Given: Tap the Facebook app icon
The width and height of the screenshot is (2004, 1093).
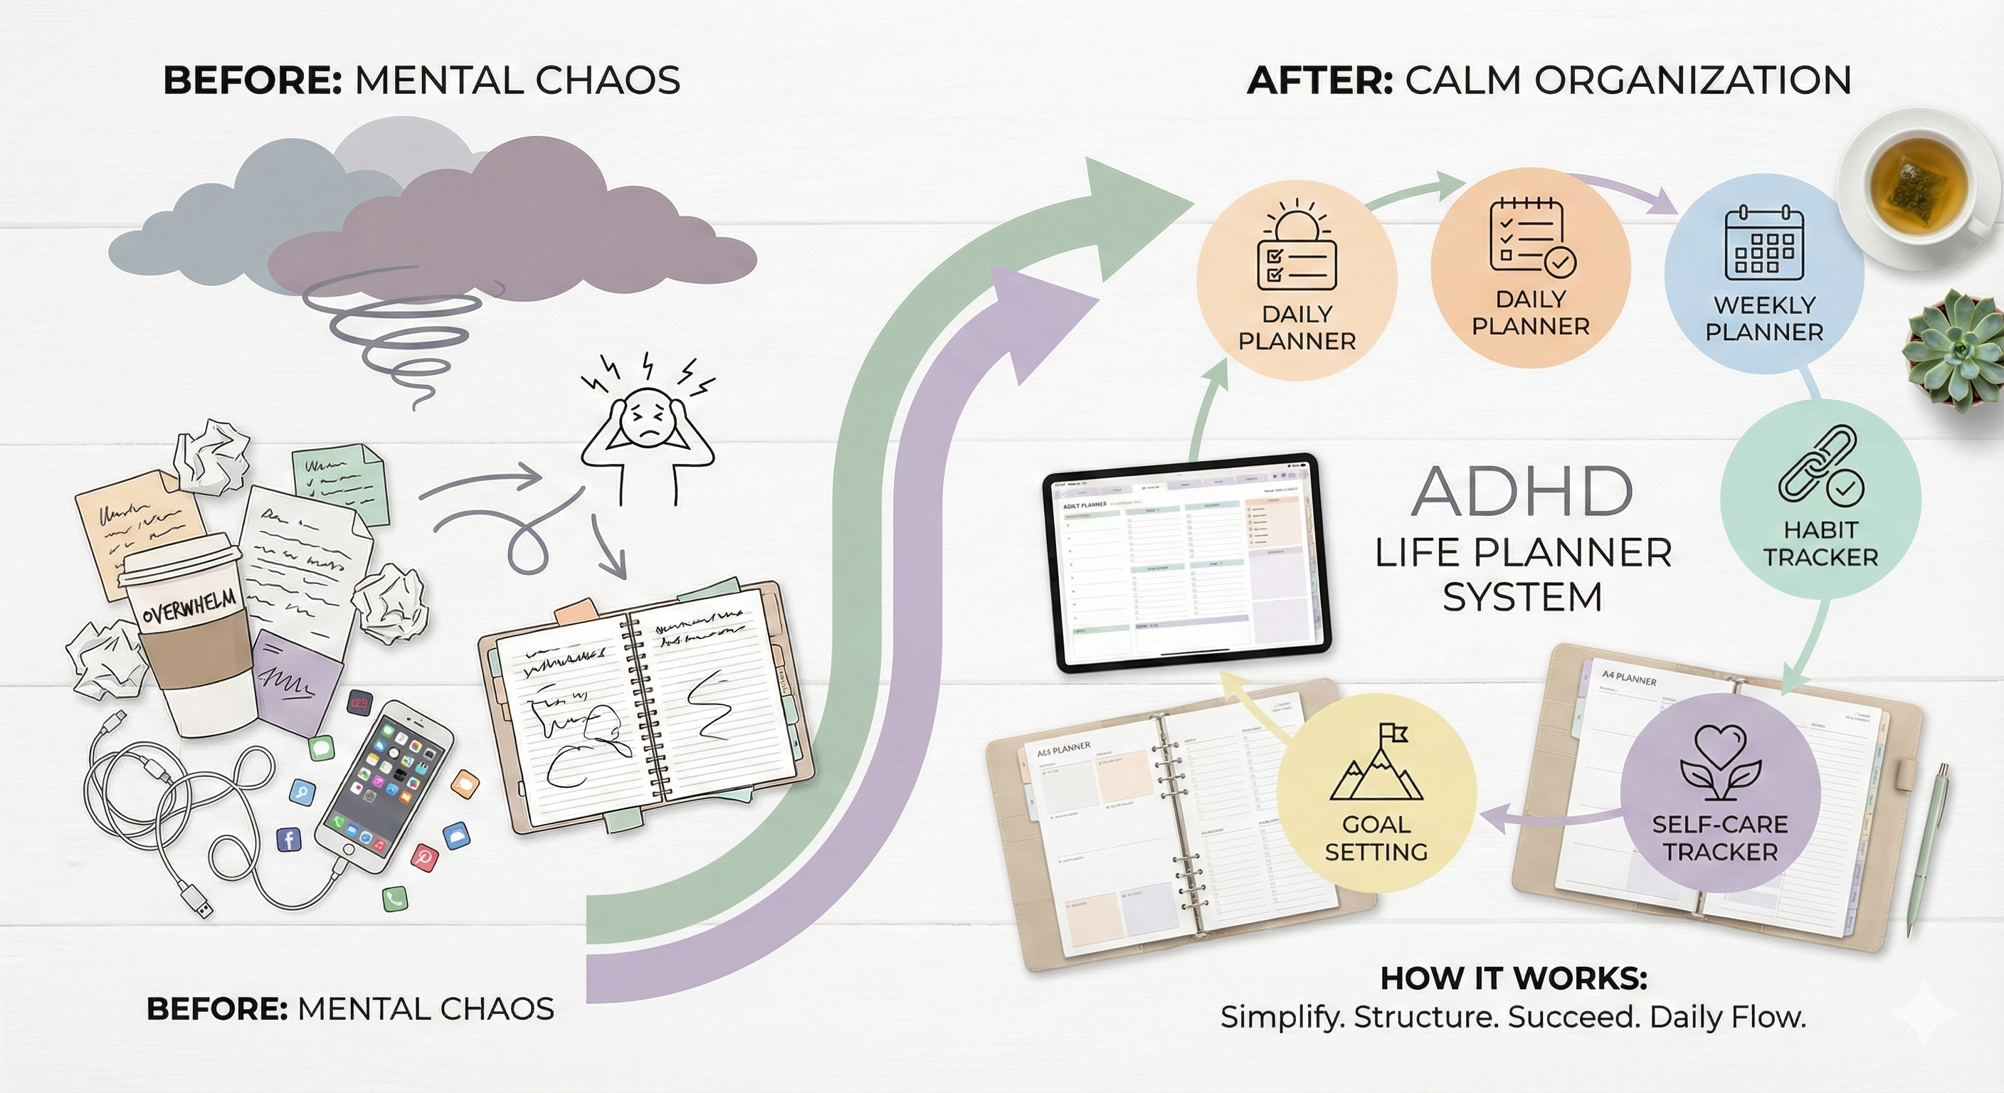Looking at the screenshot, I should coord(289,839).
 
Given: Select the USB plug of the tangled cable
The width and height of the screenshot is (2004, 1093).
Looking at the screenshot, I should coord(198,902).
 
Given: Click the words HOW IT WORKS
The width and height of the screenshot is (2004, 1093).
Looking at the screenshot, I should coord(1514,978).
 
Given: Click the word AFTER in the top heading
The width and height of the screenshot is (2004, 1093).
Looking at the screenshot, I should coord(1319,81).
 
